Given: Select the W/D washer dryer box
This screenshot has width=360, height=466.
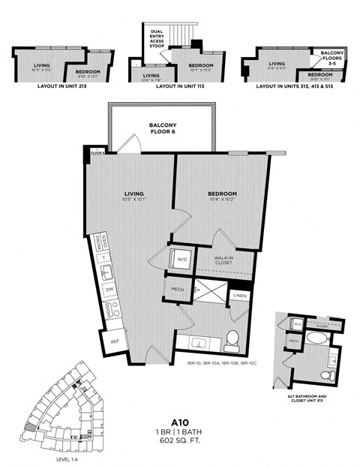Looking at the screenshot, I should tap(181, 260).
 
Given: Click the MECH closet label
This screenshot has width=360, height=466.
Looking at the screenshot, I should tap(177, 290).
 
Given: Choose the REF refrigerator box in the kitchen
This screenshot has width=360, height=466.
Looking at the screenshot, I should tap(114, 341).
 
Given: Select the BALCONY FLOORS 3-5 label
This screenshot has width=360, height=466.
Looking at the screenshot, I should tap(332, 56).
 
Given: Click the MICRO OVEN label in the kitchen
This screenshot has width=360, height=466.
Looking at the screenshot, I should tap(106, 244).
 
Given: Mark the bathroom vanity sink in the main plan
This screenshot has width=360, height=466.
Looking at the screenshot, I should tap(199, 342).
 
